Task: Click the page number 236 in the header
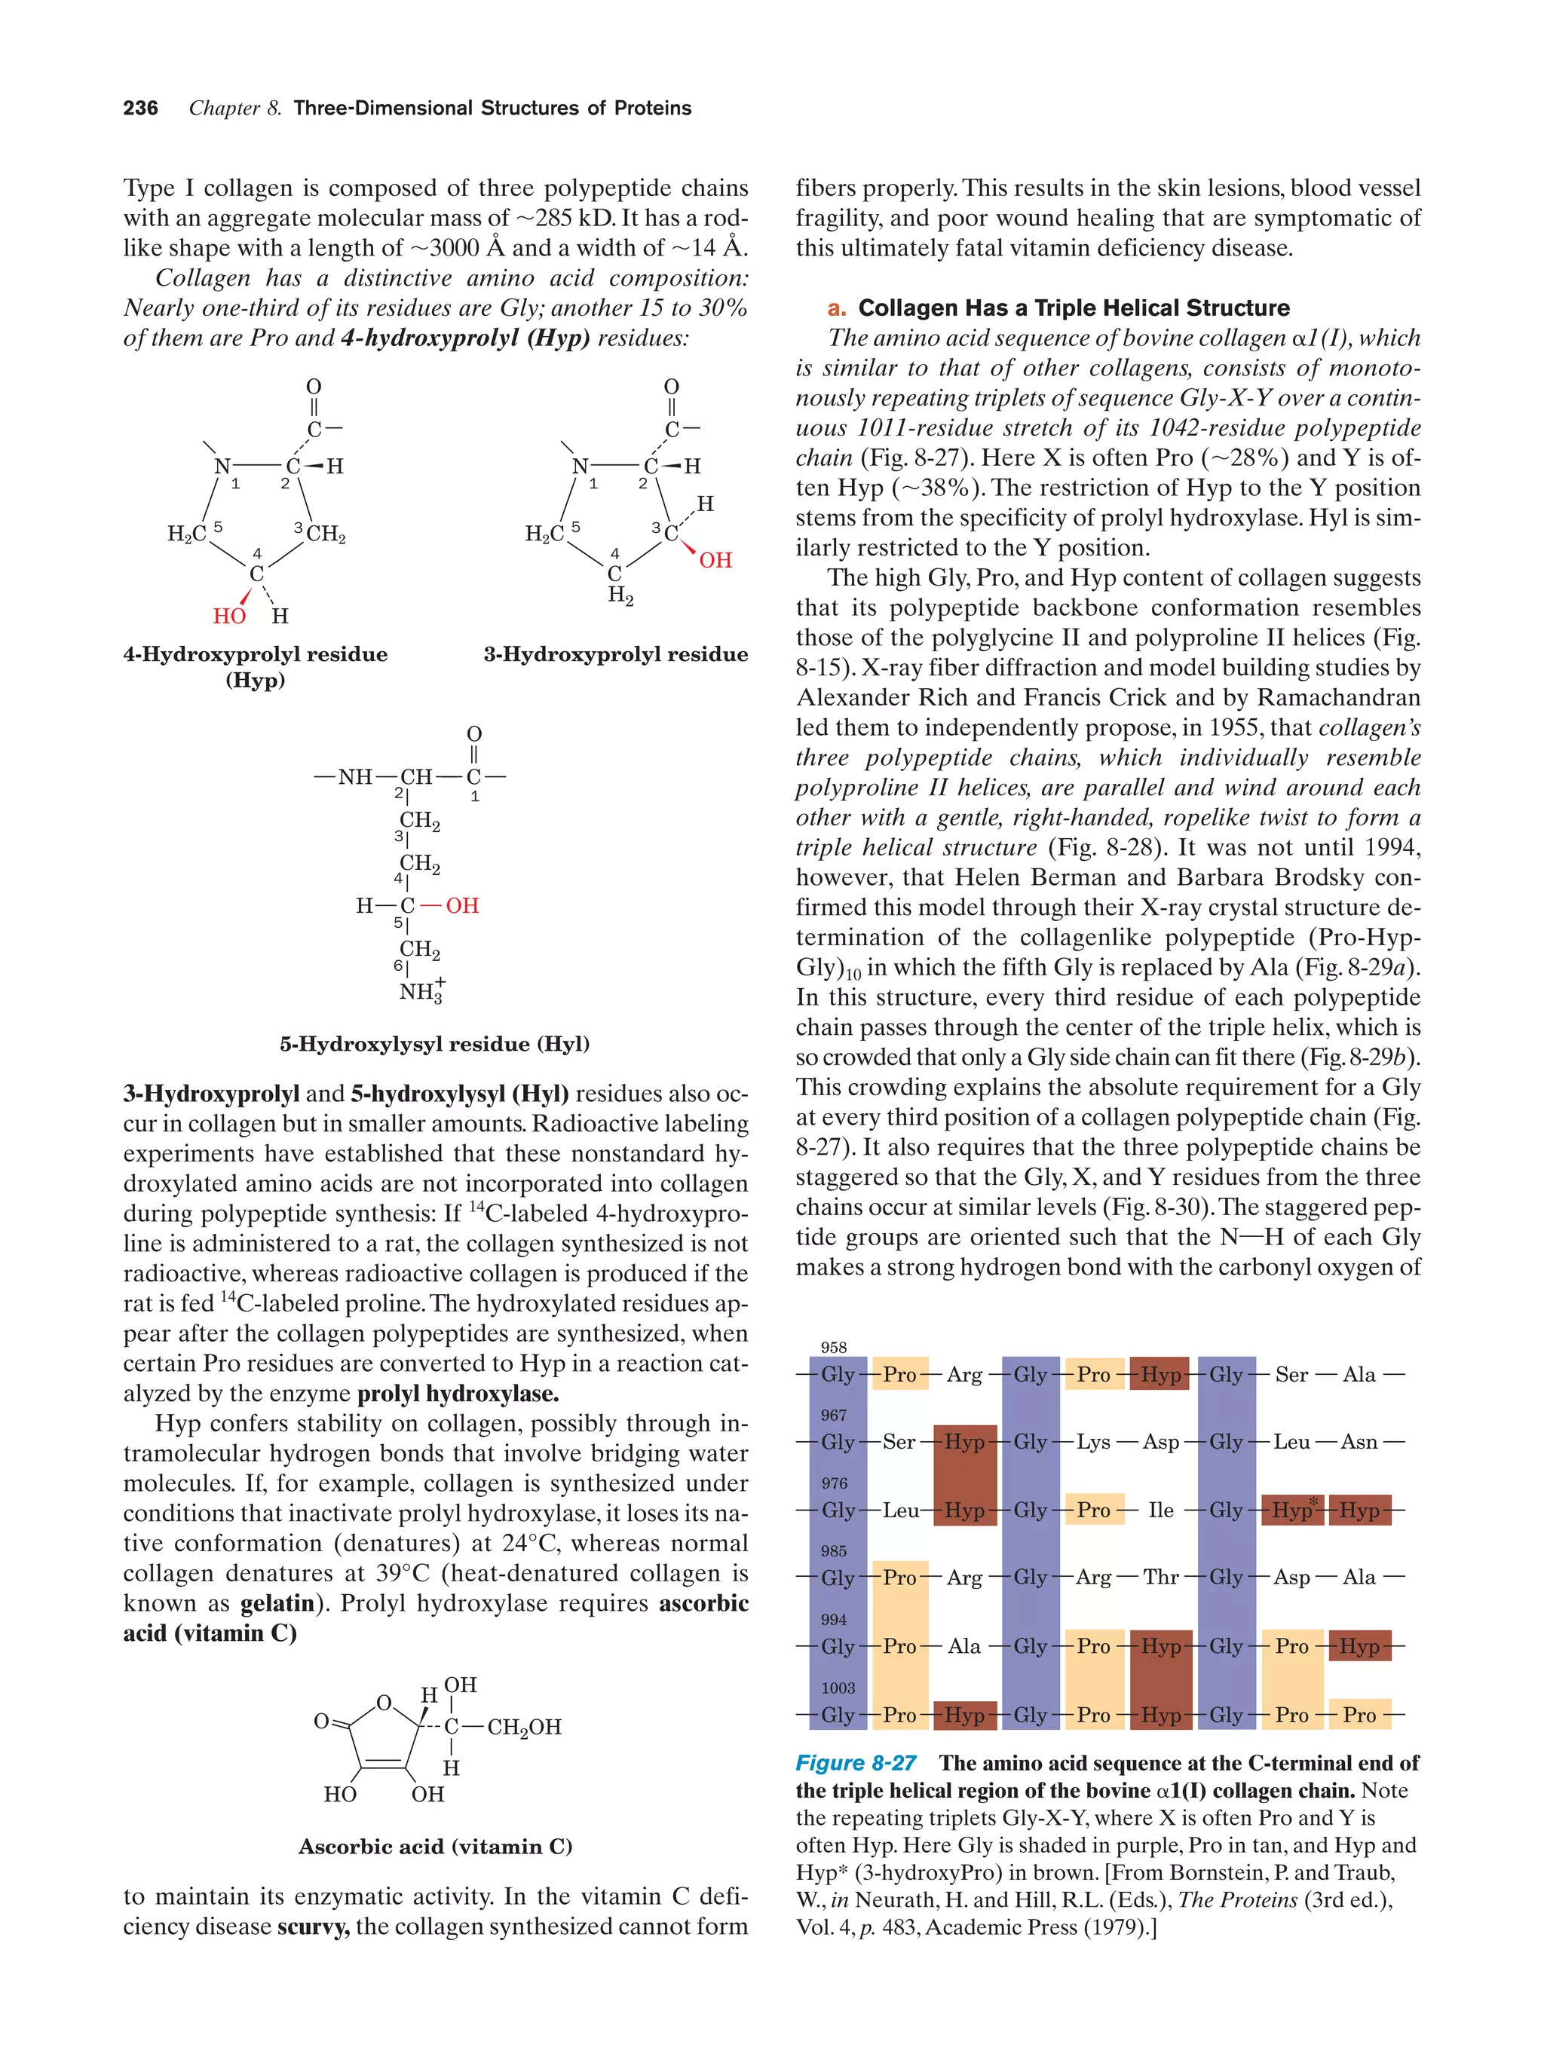pos(140,109)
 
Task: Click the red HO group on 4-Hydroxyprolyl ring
pos(229,617)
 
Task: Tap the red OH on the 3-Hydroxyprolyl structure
pos(715,560)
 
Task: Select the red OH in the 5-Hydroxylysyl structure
pos(461,905)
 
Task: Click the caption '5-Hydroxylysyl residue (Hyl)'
pos(434,1043)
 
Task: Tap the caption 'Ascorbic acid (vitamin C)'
pos(435,1846)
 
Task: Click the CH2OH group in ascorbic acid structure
pos(524,1727)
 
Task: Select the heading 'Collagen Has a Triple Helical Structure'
pos(1074,308)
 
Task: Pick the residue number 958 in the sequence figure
pos(833,1347)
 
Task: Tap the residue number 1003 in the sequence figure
pos(838,1688)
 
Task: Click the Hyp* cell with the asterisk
pos(1293,1510)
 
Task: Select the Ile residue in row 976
pos(1160,1510)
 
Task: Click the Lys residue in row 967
pos(1093,1442)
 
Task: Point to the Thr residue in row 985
pos(1160,1578)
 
